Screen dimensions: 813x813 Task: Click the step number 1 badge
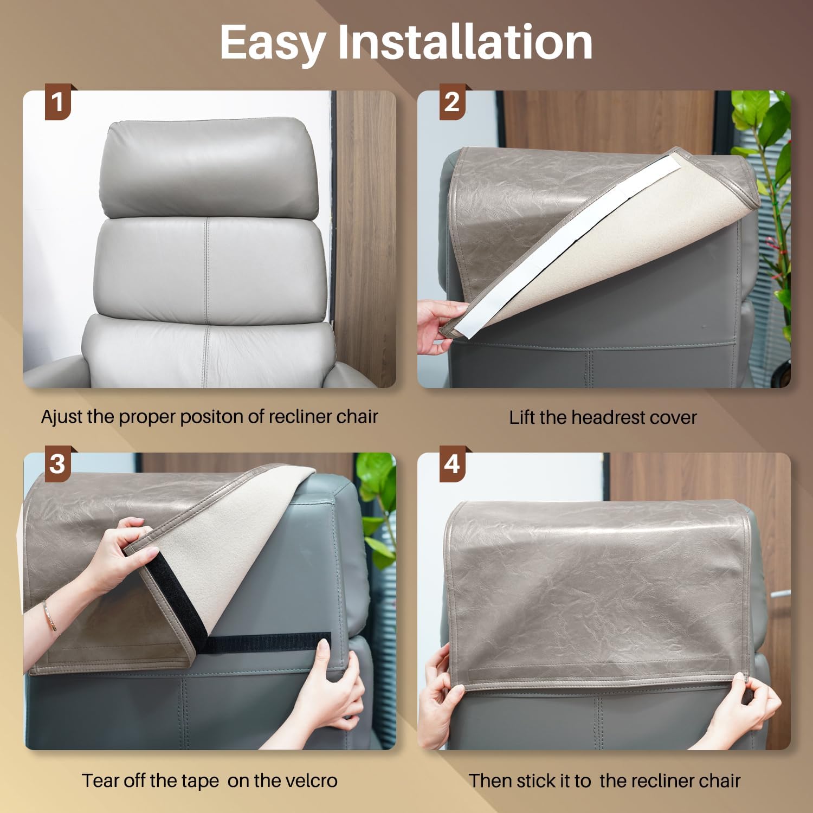(x=57, y=102)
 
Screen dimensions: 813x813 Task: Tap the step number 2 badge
(x=452, y=102)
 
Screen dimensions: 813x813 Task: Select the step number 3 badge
(x=57, y=464)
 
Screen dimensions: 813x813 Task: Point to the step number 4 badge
(x=452, y=464)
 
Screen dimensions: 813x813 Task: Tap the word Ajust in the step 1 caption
(x=62, y=417)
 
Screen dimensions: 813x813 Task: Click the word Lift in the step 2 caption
(x=522, y=417)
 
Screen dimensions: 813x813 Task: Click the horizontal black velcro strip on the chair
(x=268, y=642)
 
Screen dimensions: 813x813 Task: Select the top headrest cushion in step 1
(x=210, y=169)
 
